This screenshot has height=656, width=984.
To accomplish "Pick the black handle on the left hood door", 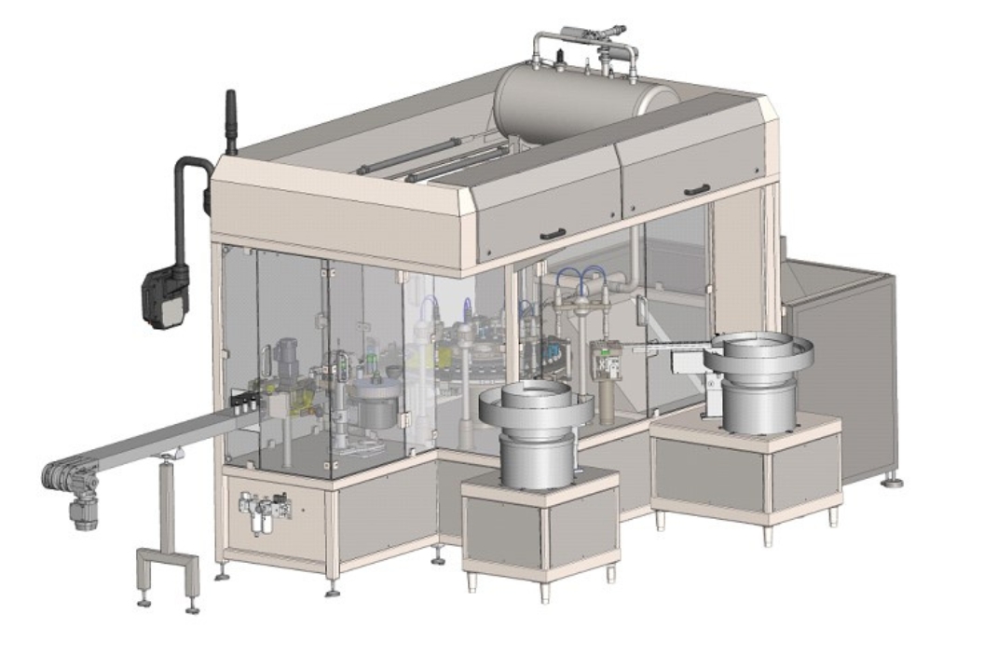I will tap(552, 234).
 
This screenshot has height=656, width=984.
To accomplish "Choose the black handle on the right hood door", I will tap(697, 190).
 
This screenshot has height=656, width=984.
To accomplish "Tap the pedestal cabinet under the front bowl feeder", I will tap(540, 526).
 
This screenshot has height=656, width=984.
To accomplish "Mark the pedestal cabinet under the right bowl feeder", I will tap(745, 475).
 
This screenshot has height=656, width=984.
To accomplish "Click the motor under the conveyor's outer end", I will tap(85, 511).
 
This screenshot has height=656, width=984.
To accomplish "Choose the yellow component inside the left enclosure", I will tap(301, 406).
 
